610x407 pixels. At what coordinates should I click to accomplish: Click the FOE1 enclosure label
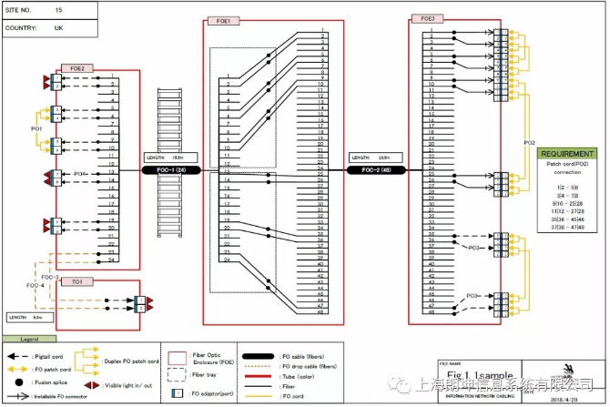(223, 19)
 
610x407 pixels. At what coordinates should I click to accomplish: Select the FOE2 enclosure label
(76, 68)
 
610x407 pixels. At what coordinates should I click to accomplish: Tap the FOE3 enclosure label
(427, 18)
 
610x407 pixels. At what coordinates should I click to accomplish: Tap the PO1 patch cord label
(36, 129)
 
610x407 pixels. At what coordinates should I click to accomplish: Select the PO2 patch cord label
(529, 143)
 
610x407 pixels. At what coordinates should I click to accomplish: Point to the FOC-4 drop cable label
(36, 286)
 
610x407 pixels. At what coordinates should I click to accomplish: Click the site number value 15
(59, 9)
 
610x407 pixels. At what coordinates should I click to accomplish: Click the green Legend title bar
(18, 338)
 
